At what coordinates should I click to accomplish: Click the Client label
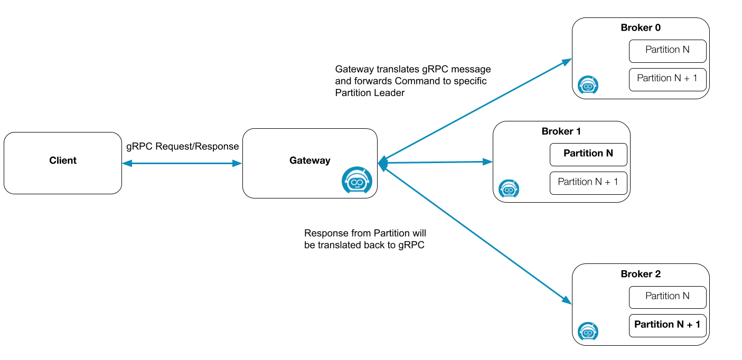click(x=63, y=160)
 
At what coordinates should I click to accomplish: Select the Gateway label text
click(x=309, y=160)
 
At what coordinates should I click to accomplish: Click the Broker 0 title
click(x=641, y=28)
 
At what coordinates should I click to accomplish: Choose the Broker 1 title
click(x=561, y=131)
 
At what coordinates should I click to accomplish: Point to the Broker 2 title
click(x=641, y=274)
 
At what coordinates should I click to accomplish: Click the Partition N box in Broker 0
click(x=668, y=51)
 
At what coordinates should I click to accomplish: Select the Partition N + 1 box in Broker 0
click(x=668, y=79)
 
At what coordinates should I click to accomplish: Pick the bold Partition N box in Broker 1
click(x=588, y=154)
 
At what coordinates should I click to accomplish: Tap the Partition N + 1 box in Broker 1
click(x=588, y=183)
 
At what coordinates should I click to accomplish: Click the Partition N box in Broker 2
click(x=668, y=297)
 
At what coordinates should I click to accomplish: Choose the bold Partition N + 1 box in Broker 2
click(x=668, y=325)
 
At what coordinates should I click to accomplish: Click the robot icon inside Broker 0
click(x=588, y=84)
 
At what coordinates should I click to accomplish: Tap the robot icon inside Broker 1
click(x=509, y=188)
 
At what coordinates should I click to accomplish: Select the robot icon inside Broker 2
click(x=588, y=331)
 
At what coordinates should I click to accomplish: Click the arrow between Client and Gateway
click(x=182, y=164)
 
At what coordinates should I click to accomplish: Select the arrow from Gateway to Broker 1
click(x=436, y=163)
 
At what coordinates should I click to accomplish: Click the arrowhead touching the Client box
click(x=127, y=164)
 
